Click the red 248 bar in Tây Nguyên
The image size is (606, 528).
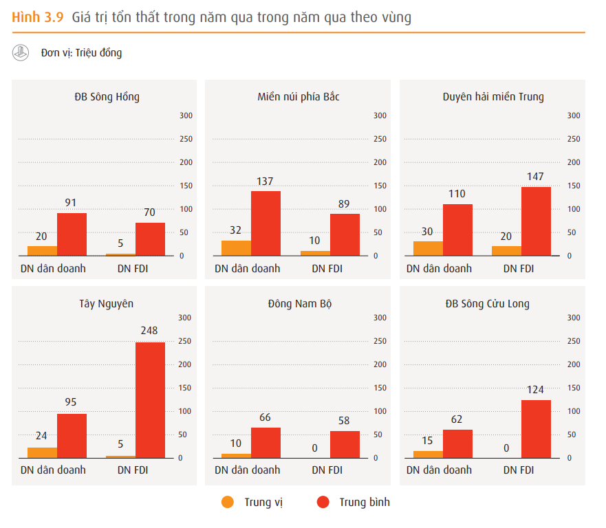coord(150,399)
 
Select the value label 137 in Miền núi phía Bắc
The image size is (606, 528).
coord(265,181)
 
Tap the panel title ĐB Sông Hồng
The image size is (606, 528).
coord(107,97)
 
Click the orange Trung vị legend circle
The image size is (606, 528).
coord(228,502)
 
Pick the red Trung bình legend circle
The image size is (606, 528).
coord(323,502)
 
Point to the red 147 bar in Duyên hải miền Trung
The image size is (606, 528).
coord(537,221)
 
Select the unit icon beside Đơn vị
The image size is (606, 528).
coord(21,52)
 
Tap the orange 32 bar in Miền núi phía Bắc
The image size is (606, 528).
coord(236,248)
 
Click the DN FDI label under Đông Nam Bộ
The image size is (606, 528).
coord(327,470)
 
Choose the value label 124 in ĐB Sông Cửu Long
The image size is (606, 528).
coord(536,390)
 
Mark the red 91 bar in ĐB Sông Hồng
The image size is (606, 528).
coord(72,234)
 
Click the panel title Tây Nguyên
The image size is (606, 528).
coord(107,303)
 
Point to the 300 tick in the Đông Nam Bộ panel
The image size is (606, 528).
coord(380,318)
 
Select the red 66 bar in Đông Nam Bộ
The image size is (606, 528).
coord(266,443)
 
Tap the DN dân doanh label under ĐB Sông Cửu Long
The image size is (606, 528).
coord(439,470)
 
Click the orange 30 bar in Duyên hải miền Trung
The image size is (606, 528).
coord(428,248)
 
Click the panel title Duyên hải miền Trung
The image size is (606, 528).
coord(493,97)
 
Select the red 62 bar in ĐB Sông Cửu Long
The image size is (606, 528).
coord(457,443)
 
